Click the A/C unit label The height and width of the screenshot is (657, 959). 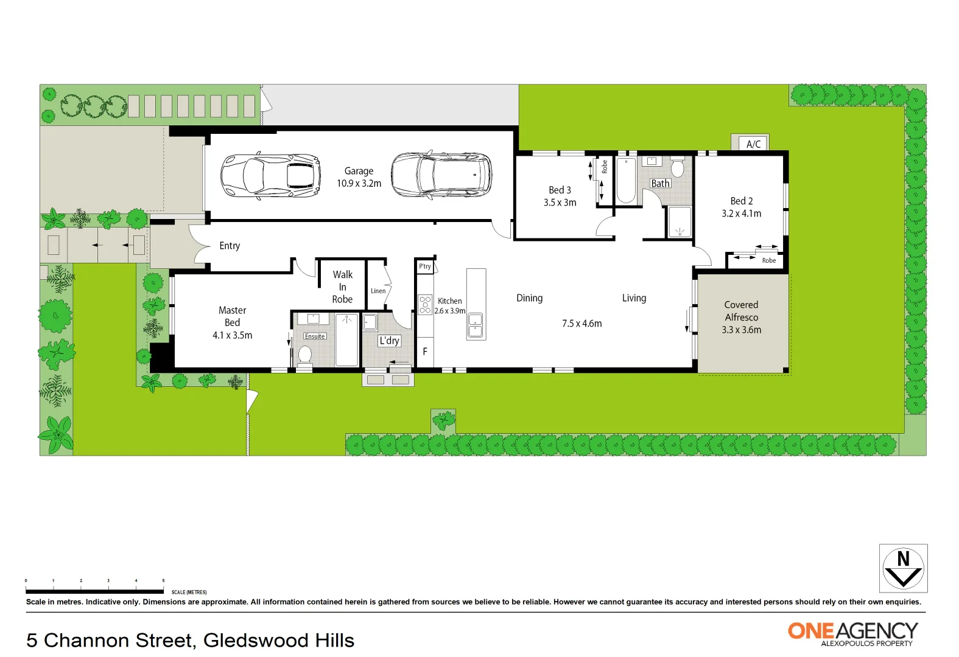coord(753,144)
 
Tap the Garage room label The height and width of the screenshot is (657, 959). coord(359,171)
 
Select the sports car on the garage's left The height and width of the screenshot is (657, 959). coord(270,176)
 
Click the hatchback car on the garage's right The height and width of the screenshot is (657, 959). coord(441,175)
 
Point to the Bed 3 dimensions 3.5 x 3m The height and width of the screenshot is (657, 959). coord(560,203)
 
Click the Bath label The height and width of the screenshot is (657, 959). coord(660,183)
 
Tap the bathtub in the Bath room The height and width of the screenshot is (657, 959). coord(626,180)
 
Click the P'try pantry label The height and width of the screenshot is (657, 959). coord(425,266)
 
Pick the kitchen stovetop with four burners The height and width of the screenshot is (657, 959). coord(425,305)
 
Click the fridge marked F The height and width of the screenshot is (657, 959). coord(425,352)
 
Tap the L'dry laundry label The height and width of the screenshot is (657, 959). coord(389,341)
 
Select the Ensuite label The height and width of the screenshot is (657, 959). coord(315,336)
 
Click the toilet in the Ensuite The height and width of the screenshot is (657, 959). coord(305,354)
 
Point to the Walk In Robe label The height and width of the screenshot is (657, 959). coord(342,287)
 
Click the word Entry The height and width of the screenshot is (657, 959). coord(230,246)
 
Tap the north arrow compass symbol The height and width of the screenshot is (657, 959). coord(903,568)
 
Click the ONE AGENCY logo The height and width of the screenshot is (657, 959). coord(852,633)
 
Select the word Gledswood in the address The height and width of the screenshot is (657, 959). coord(257,641)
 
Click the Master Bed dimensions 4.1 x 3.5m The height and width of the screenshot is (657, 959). coord(232,335)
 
